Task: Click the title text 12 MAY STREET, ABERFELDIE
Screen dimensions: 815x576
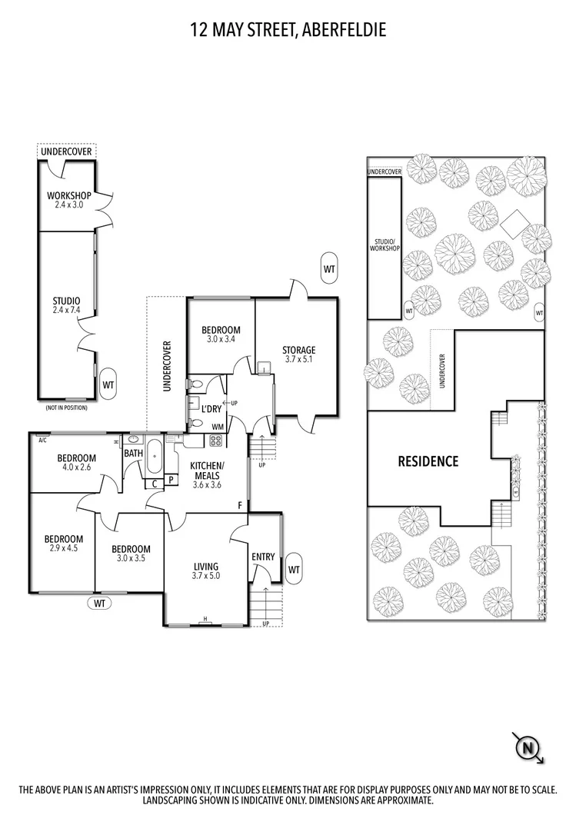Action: point(288,30)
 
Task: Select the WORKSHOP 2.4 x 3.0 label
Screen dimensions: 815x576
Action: point(68,201)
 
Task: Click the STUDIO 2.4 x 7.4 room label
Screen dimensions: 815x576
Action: point(67,305)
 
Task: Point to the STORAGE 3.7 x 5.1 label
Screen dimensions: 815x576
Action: point(298,354)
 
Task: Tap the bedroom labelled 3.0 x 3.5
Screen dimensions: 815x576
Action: point(130,554)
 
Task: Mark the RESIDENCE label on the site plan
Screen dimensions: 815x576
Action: point(428,462)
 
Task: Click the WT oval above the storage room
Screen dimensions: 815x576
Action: point(329,269)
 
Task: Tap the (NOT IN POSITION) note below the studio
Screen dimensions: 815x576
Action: point(65,407)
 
